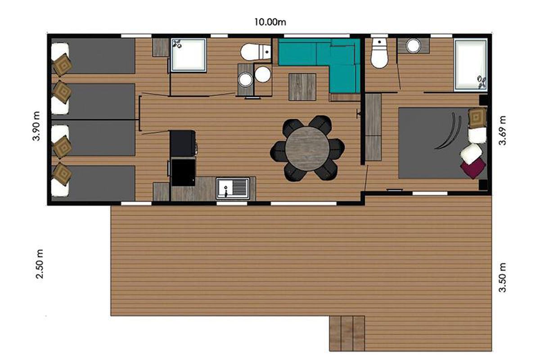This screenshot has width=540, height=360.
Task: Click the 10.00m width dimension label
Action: (x=270, y=22)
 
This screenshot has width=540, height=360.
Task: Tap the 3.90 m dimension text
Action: (x=36, y=126)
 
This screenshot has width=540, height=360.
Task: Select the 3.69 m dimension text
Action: (x=502, y=130)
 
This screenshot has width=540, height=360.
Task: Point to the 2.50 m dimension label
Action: (x=39, y=264)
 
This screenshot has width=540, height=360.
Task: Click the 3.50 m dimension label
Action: (x=502, y=278)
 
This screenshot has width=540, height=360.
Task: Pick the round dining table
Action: (x=307, y=149)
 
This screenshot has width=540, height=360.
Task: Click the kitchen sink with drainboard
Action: (x=233, y=189)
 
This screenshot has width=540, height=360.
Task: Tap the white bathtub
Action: (x=470, y=66)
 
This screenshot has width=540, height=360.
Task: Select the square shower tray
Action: (x=189, y=55)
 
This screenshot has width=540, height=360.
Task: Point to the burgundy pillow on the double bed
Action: (x=473, y=167)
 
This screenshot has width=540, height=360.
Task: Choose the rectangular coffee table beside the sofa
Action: (x=302, y=87)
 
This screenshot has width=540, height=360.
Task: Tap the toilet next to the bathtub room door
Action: (x=379, y=54)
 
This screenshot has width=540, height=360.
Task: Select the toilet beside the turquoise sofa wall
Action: (x=256, y=52)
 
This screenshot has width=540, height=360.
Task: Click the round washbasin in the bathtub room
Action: (x=413, y=46)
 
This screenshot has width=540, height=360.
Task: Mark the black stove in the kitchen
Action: (x=183, y=143)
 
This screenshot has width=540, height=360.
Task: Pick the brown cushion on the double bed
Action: (x=477, y=118)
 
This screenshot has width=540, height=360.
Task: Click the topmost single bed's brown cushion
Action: (x=63, y=65)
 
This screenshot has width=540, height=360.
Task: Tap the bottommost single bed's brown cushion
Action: (x=63, y=174)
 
